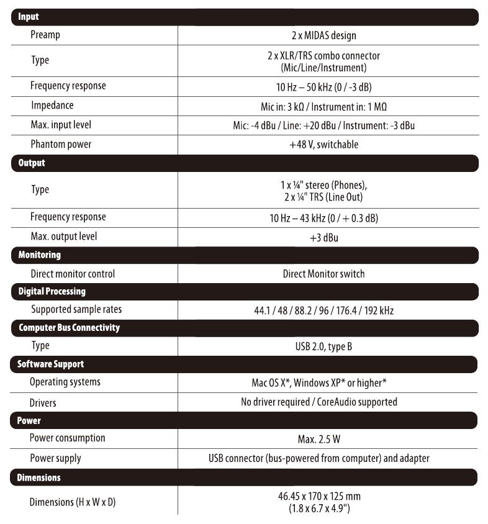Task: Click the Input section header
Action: pos(29,17)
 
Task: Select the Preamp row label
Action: pos(45,35)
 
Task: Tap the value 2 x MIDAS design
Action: pos(328,35)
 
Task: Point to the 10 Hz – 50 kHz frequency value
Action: pos(328,86)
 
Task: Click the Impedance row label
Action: pos(52,105)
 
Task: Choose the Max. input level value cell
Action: pos(328,125)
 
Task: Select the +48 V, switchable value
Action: pos(328,145)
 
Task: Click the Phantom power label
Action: pos(61,144)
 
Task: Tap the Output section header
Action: pos(32,163)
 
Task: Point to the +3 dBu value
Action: pos(328,238)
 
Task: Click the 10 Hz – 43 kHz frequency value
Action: pos(328,218)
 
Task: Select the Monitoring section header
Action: pos(40,255)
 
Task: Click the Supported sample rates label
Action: pos(76,309)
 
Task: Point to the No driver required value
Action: pos(319,402)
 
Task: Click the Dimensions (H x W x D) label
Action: pos(73,502)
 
